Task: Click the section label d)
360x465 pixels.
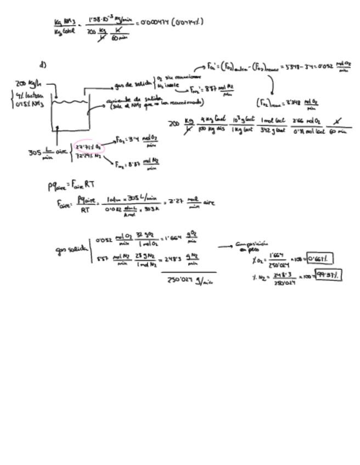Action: pos(43,65)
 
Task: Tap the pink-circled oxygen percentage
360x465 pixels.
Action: pos(88,147)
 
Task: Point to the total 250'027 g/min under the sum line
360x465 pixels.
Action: pos(190,281)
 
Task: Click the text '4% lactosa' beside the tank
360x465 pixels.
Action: pos(26,95)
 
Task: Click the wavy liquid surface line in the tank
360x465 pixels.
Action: pos(70,102)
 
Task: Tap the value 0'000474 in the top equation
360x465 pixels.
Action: pos(153,22)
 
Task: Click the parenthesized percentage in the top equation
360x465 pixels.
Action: pos(188,22)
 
